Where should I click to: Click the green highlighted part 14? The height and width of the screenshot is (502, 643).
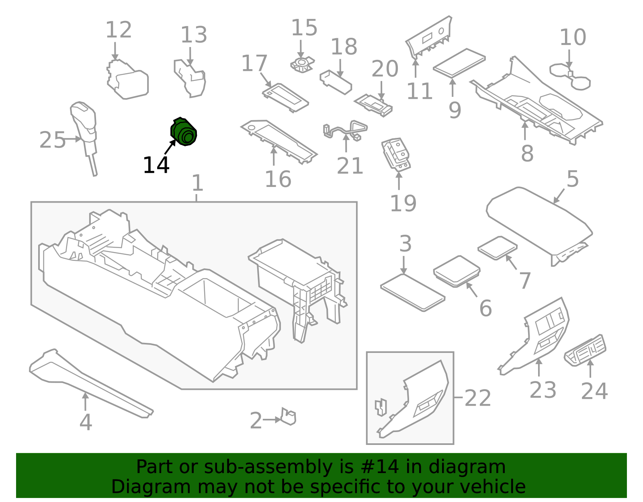point(184,132)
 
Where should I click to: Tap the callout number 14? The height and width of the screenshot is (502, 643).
point(156,165)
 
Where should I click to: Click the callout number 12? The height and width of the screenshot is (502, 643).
point(119,30)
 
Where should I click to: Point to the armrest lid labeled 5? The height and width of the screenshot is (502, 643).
point(539,221)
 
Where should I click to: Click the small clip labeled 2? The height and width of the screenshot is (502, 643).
point(288,416)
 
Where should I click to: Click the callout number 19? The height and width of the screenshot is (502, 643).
point(403,203)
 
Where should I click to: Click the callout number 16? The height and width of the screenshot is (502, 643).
point(278,179)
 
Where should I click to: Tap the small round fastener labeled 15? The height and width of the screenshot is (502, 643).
point(301,64)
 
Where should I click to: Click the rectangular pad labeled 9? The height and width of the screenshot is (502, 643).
point(459,62)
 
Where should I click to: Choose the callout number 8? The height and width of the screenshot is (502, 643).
point(527,153)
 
